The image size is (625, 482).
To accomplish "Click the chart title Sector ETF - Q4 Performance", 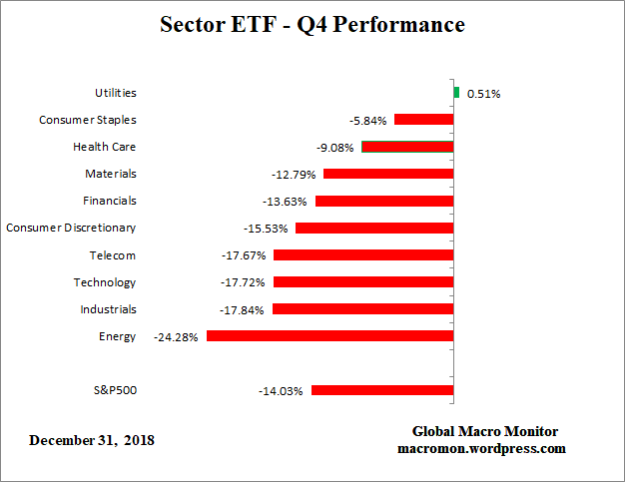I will point(312,25).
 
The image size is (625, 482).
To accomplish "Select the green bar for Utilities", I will point(456,93).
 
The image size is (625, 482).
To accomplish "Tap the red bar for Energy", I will point(329,336).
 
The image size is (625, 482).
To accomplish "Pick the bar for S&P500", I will point(382,390).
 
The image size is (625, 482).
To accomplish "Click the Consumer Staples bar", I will point(424,120).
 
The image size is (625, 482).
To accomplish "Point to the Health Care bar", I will point(407,147).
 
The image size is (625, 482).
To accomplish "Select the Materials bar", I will point(388,174).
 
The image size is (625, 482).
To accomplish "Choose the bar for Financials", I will point(384,201).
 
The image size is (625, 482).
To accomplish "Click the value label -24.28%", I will point(177,337).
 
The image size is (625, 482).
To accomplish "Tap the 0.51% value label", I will point(483,94).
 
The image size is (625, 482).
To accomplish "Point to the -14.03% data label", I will point(281,391).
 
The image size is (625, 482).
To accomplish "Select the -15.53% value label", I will point(265,229).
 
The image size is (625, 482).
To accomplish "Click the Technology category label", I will point(104,282).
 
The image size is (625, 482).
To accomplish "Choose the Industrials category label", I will point(108,309).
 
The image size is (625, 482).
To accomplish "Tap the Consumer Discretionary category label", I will point(71,228).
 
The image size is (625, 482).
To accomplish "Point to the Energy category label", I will point(117,336).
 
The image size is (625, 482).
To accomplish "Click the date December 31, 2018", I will point(92,440).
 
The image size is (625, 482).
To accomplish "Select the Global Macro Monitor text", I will point(485,431).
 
